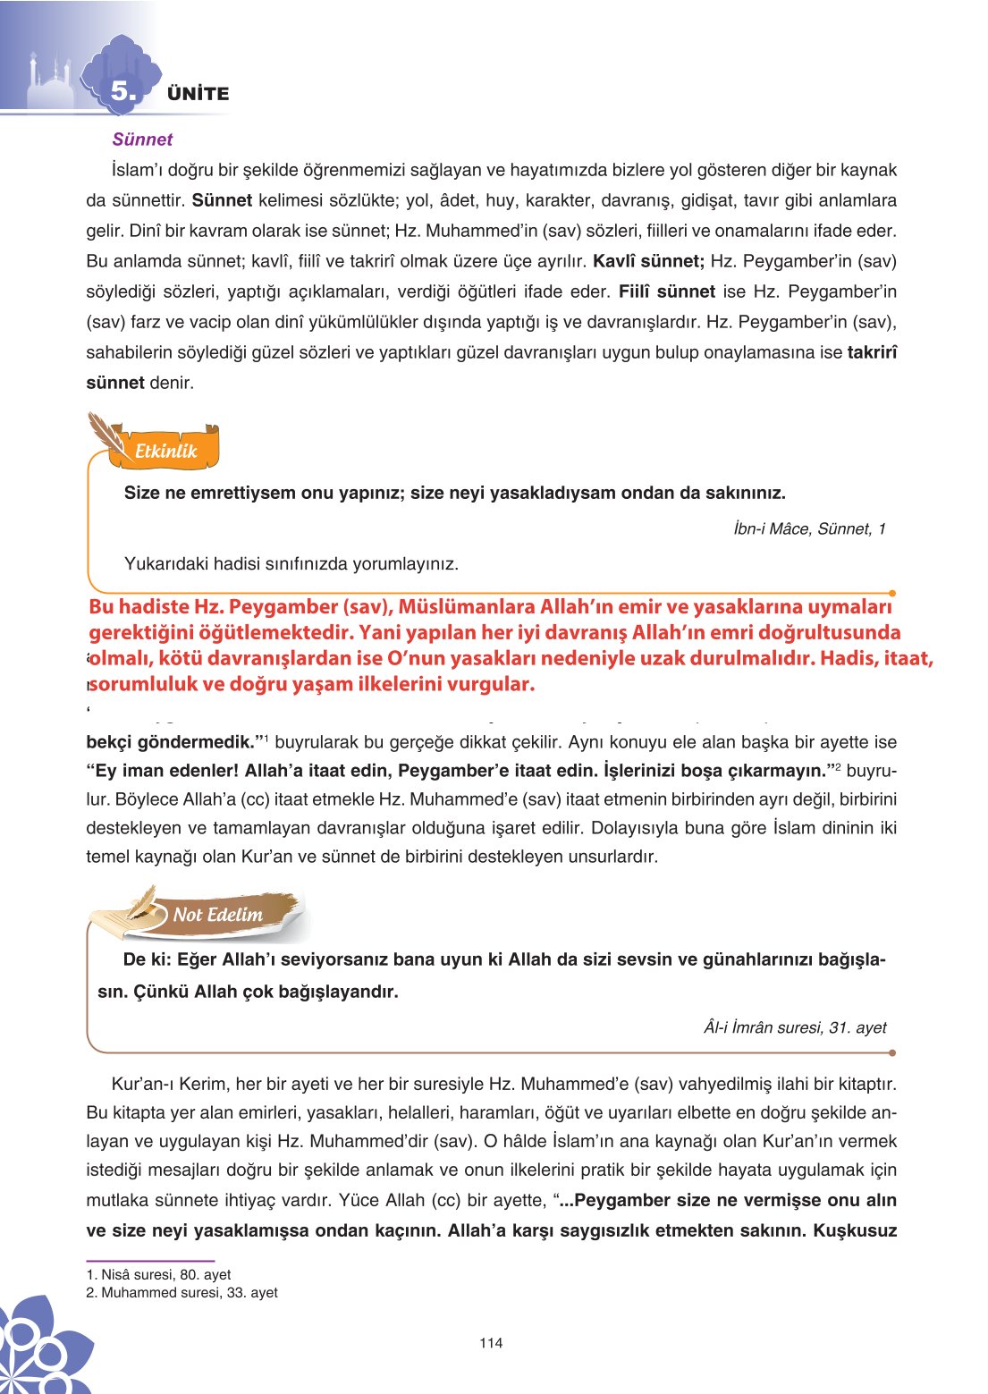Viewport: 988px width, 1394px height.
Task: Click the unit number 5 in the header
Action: pos(123,91)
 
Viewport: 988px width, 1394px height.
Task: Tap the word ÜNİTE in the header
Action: pos(198,94)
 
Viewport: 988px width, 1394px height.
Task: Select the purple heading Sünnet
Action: pos(142,139)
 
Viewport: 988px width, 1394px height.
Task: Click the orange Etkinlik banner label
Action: pos(165,452)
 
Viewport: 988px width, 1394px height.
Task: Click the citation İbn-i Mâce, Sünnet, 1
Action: pos(809,528)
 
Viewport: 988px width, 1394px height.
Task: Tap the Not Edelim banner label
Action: pos(217,915)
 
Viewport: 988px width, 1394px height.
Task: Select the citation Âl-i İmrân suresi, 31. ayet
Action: pos(795,1027)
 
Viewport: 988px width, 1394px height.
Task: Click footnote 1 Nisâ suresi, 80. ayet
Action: pos(158,1274)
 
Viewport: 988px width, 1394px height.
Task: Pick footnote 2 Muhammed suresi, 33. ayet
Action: pos(182,1292)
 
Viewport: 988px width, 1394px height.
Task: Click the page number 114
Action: pos(491,1342)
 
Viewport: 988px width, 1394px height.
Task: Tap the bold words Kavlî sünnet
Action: pos(648,261)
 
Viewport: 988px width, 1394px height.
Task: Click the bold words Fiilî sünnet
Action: pos(666,291)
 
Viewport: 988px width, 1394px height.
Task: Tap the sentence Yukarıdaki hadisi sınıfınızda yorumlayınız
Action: pos(291,564)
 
